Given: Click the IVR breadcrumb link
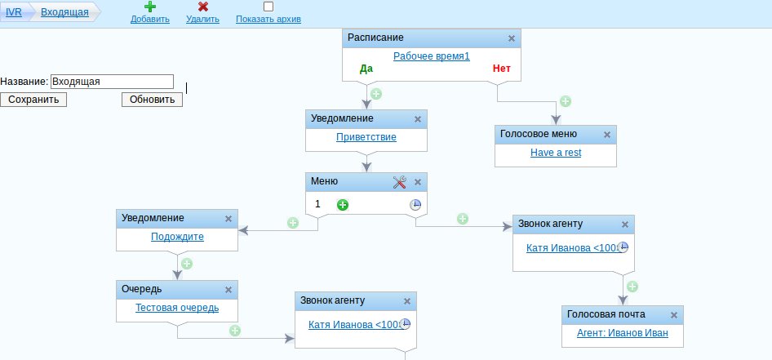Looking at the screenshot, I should [x=13, y=12].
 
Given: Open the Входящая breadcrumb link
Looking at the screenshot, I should [x=64, y=12].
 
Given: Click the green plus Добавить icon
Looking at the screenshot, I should [x=150, y=7].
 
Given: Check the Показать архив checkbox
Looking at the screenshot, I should [x=268, y=7].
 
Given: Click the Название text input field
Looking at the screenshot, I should [x=112, y=82].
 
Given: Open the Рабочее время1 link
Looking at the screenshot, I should [x=431, y=56].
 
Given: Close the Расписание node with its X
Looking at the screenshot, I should [x=512, y=38].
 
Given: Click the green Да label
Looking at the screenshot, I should [x=366, y=69].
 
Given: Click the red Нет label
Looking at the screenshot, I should [x=501, y=69].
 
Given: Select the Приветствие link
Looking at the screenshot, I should [x=366, y=137].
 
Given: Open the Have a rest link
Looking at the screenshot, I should [x=556, y=153].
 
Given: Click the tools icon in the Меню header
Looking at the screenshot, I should [x=400, y=182].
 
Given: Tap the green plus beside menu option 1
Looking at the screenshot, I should [x=343, y=204].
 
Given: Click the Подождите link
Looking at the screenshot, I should [x=177, y=237].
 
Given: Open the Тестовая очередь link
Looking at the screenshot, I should [x=177, y=307].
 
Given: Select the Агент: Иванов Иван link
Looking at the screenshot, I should [x=622, y=332].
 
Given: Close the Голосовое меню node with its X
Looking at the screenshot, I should [x=606, y=135].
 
